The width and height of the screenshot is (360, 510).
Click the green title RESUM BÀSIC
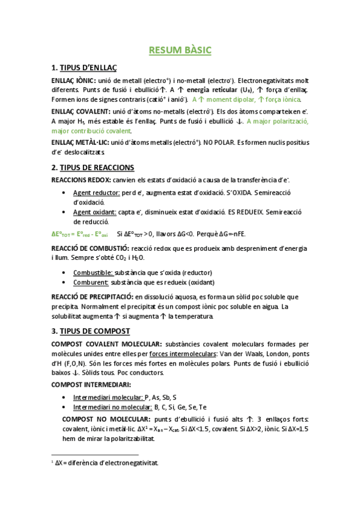pyautogui.click(x=180, y=50)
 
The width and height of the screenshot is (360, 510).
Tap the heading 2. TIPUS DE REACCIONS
pyautogui.click(x=93, y=167)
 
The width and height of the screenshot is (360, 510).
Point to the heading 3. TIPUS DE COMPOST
pyautogui.click(x=91, y=331)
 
